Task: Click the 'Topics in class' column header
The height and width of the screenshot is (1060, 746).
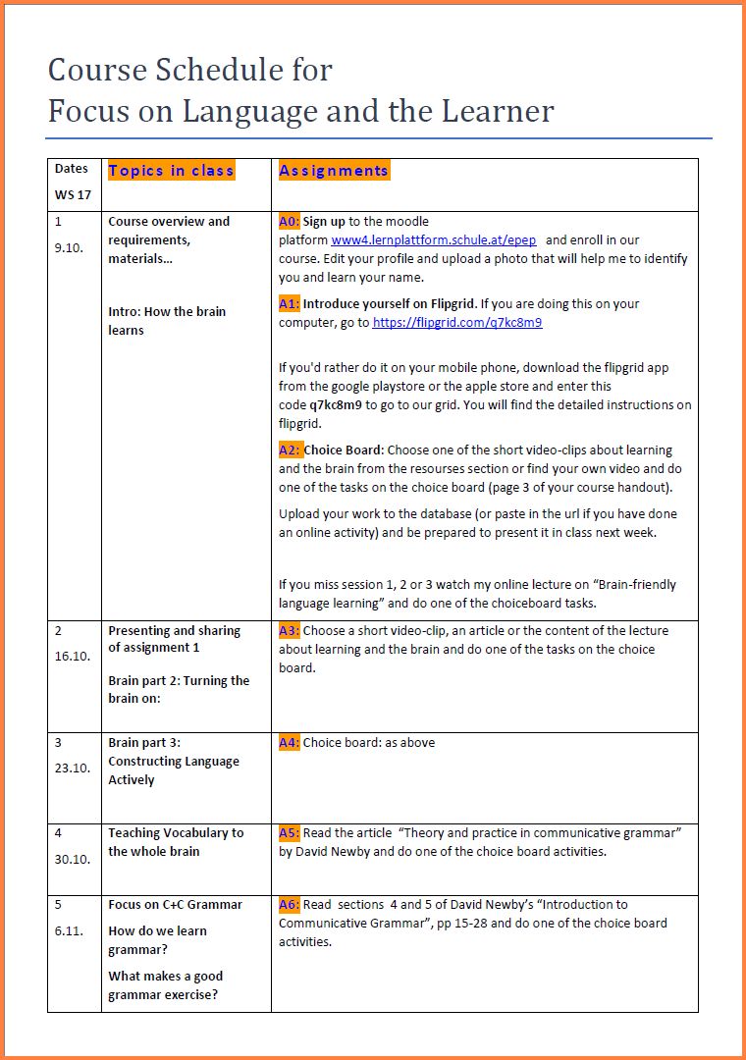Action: (x=171, y=171)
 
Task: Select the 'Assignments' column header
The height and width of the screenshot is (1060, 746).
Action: (x=334, y=171)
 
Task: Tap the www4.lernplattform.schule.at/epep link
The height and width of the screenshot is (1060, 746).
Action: (x=433, y=240)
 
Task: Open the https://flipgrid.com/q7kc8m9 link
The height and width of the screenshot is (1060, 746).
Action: (x=457, y=322)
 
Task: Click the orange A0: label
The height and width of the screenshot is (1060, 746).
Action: (x=289, y=222)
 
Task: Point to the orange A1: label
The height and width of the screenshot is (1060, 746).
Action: (x=289, y=304)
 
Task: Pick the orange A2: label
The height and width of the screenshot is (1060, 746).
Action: (x=289, y=450)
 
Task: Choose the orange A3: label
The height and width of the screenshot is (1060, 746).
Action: (x=289, y=631)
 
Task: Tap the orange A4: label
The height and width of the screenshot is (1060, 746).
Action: (x=289, y=743)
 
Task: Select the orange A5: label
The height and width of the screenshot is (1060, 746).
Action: (x=289, y=833)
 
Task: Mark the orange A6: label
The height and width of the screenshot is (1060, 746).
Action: (x=289, y=905)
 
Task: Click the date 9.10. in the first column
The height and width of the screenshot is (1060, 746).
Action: (x=69, y=248)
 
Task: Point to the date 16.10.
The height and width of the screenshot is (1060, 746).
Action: (x=72, y=658)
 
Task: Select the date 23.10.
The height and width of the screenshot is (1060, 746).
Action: (x=72, y=768)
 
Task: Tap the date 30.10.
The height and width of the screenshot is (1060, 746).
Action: (x=72, y=860)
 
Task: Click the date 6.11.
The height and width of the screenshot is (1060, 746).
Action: (x=69, y=931)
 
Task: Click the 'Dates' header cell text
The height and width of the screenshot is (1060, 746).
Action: (x=71, y=169)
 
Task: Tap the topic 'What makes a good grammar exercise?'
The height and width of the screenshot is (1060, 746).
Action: (x=165, y=985)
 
